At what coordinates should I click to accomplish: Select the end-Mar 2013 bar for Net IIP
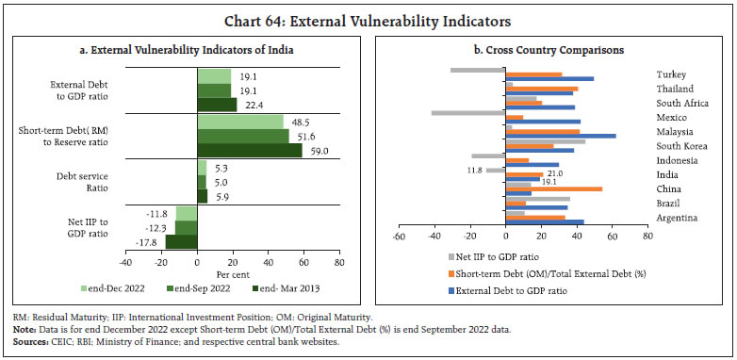[182, 241]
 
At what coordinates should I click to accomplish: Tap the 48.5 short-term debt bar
[240, 122]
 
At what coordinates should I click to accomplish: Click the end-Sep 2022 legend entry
[199, 288]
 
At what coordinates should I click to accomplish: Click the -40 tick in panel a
[126, 263]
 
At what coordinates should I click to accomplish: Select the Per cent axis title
[233, 274]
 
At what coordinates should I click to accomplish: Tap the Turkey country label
[671, 74]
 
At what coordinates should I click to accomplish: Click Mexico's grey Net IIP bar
[468, 113]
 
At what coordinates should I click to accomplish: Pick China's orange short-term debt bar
[553, 188]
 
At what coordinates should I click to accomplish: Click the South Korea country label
[682, 146]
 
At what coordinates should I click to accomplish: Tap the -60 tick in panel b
[399, 236]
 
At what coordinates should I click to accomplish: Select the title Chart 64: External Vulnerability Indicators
[368, 22]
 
